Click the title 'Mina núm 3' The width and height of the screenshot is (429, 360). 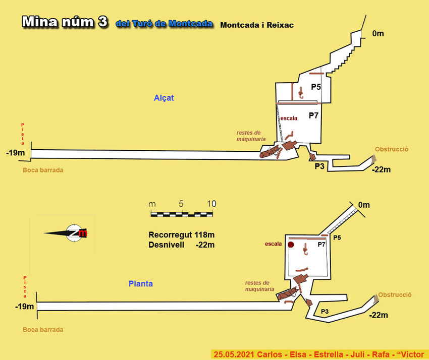pos(64,22)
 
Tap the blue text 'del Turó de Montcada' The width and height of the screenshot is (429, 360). pos(164,24)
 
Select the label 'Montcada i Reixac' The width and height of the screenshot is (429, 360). pos(257,24)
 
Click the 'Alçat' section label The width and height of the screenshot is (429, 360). pos(164,98)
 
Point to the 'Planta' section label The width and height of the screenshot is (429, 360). pos(140,284)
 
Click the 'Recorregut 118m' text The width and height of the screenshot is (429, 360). pos(182,234)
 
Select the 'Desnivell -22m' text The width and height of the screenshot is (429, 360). pos(182,245)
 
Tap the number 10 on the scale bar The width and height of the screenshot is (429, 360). pos(211,204)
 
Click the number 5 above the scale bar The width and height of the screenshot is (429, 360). pos(181,204)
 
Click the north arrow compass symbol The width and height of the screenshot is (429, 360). pos(74,232)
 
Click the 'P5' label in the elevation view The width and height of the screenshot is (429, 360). pos(316,87)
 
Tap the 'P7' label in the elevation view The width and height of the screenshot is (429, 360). pos(313,115)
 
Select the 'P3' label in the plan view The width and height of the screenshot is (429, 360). pos(325,312)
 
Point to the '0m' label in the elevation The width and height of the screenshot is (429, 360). pos(378,34)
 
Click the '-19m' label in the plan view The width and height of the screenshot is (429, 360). pos(24,307)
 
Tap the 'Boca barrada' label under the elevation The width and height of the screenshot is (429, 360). pos(43,170)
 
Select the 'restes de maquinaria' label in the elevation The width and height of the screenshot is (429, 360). pos(250,136)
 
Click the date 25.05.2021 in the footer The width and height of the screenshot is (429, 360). pos(234,354)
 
